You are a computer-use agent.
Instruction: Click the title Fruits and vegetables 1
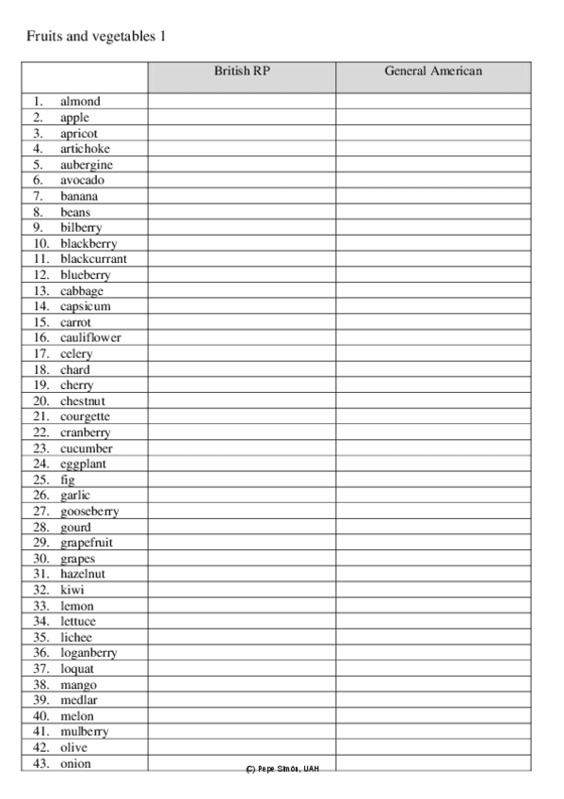(x=96, y=37)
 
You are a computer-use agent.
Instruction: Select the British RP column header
(x=242, y=71)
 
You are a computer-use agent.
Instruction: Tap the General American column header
(x=433, y=71)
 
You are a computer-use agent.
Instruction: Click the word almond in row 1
(x=80, y=102)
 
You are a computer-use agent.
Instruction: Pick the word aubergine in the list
(x=87, y=165)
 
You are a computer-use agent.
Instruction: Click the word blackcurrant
(x=93, y=259)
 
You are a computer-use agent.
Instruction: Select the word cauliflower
(x=90, y=337)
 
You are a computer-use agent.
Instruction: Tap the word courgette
(x=85, y=416)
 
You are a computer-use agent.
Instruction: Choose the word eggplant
(x=83, y=464)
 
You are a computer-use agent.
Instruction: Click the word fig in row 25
(x=68, y=480)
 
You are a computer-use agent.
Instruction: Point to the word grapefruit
(x=88, y=543)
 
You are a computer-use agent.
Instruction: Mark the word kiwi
(x=72, y=590)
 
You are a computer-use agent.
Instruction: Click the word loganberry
(x=89, y=653)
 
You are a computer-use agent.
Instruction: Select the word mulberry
(x=84, y=731)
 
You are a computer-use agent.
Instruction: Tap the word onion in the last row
(x=75, y=763)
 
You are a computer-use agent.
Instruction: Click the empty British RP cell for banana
(x=242, y=196)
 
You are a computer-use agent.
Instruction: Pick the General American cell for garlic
(x=433, y=496)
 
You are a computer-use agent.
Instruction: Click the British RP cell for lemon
(x=242, y=606)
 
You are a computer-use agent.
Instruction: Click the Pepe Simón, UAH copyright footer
(x=282, y=769)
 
